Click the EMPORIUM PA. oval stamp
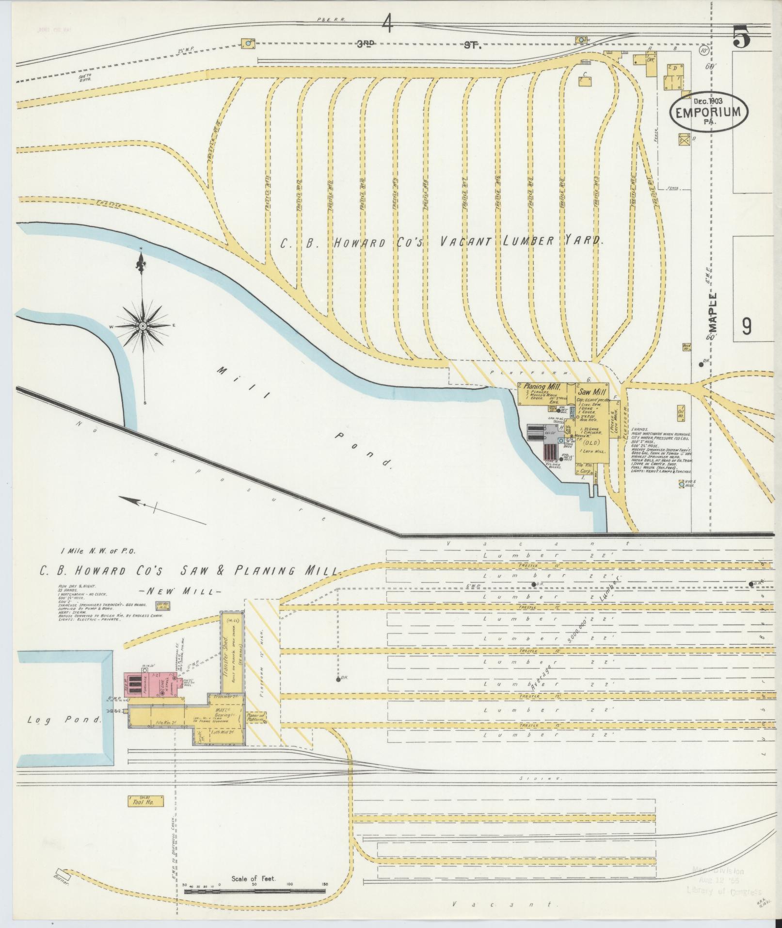708,111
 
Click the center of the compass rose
143,326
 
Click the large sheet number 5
741,36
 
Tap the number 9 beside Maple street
746,326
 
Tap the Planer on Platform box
255,718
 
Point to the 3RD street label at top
367,44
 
